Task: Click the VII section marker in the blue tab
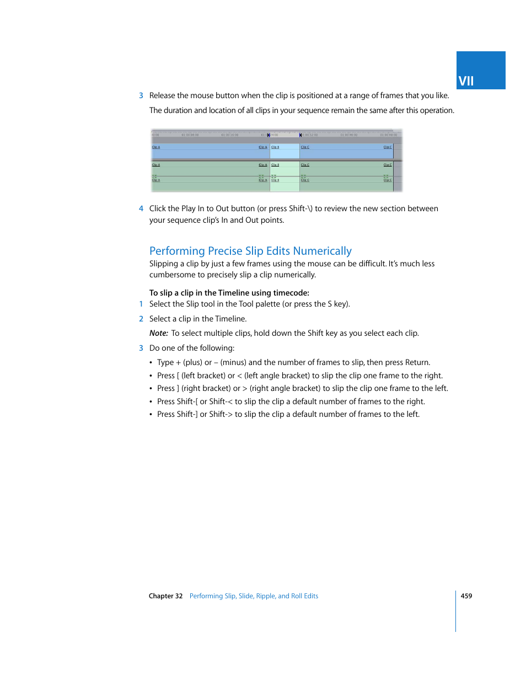(466, 81)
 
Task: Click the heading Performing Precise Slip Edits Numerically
(250, 251)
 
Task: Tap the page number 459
(466, 596)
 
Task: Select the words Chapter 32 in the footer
(165, 596)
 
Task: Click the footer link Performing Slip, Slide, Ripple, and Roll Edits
(254, 596)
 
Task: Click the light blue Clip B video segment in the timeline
(285, 151)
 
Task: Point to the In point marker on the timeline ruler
(269, 135)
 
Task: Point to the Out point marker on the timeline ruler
(300, 135)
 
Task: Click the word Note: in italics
(158, 333)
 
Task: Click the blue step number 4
(141, 208)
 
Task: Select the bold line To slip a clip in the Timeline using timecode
(229, 293)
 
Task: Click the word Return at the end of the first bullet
(417, 362)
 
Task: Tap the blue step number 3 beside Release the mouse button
(141, 95)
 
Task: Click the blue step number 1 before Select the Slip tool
(141, 304)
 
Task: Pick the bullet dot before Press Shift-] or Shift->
(151, 415)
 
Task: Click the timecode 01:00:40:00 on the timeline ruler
(348, 135)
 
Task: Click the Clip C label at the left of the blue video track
(305, 147)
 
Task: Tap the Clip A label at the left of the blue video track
(156, 147)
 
